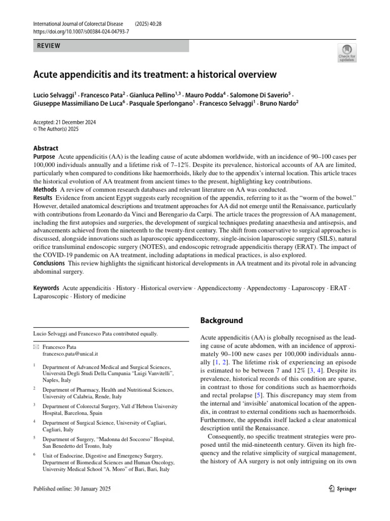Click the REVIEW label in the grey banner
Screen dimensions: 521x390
49,46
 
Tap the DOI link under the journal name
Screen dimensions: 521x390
81,32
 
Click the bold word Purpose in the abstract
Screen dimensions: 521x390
44,157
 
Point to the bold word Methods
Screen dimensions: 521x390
45,189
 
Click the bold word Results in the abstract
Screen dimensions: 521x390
43,197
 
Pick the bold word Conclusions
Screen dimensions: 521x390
49,263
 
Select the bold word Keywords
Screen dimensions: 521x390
46,288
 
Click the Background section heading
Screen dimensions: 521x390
222,321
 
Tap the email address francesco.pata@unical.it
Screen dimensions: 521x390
70,354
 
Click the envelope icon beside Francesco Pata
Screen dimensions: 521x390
36,346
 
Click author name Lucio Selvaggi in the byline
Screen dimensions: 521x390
54,95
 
